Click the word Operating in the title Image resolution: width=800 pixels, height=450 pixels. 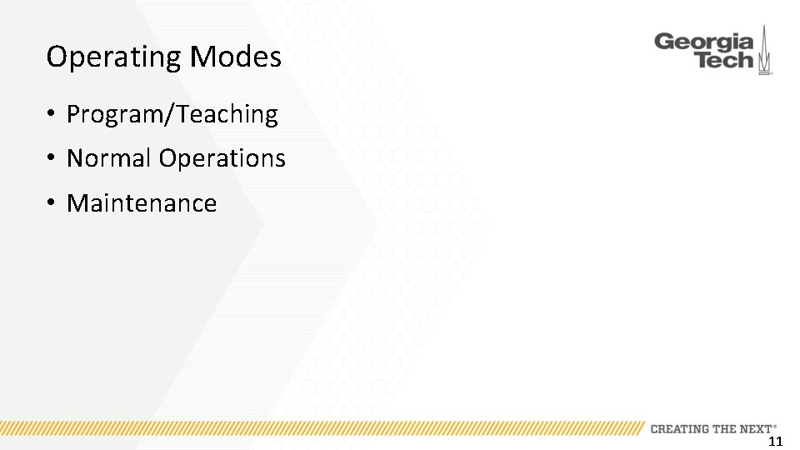tap(114, 57)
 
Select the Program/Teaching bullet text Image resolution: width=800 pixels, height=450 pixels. tap(172, 114)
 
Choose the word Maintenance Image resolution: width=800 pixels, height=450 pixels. tap(142, 203)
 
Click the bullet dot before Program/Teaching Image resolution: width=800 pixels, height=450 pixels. tap(52, 114)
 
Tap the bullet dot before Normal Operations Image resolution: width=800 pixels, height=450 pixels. tap(52, 158)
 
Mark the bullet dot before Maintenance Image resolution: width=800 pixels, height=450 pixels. tap(52, 203)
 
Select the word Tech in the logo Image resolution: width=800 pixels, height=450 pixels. tap(724, 61)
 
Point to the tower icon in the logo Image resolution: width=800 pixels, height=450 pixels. tap(765, 52)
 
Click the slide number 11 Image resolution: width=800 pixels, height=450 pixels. tap(775, 442)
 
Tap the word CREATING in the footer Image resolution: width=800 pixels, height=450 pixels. tap(679, 428)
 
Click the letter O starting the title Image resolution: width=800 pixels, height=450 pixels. tap(57, 57)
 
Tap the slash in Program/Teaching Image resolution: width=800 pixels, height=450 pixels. tap(171, 114)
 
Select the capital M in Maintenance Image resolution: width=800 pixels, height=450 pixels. tap(77, 203)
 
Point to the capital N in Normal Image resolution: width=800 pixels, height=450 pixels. tap(75, 158)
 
